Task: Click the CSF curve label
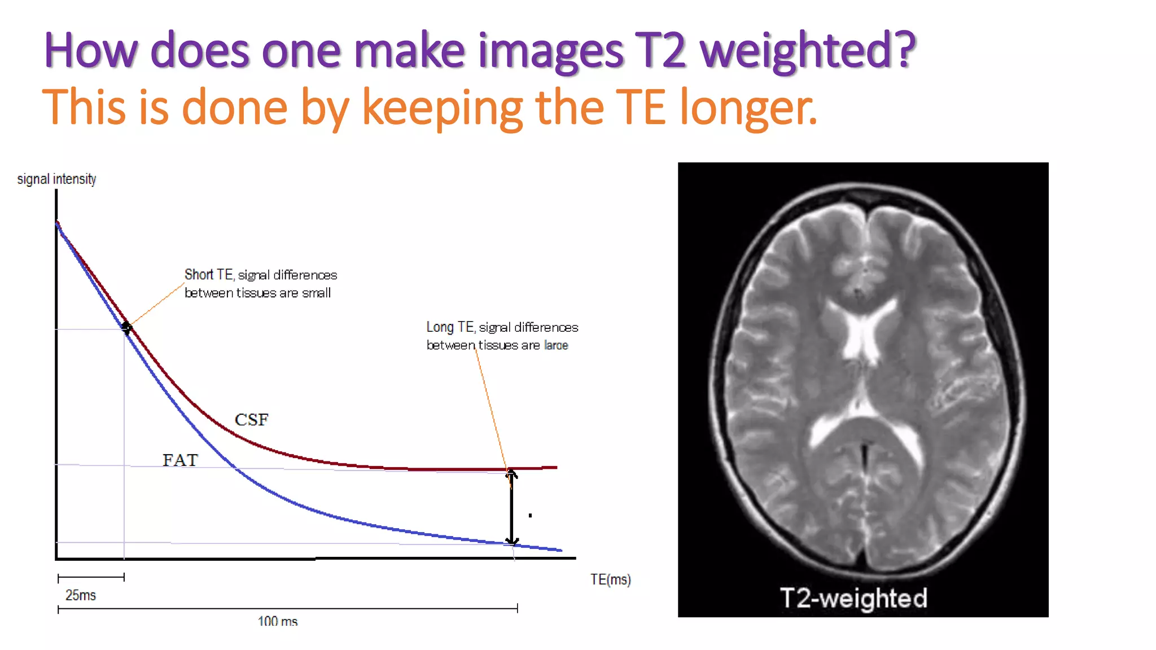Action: click(x=251, y=420)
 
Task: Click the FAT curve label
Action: click(x=180, y=460)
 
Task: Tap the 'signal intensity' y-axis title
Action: click(x=56, y=179)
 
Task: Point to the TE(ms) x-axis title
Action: click(x=610, y=579)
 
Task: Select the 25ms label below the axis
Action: click(x=81, y=595)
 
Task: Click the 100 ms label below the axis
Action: click(x=277, y=621)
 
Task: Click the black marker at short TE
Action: click(x=126, y=327)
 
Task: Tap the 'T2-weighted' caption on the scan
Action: click(x=853, y=598)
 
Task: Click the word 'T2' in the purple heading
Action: click(x=660, y=51)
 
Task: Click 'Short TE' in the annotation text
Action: click(x=208, y=275)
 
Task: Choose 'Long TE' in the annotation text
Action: click(x=450, y=327)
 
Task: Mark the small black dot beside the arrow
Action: click(x=530, y=515)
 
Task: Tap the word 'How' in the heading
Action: click(x=90, y=51)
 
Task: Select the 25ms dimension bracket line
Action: click(x=91, y=577)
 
